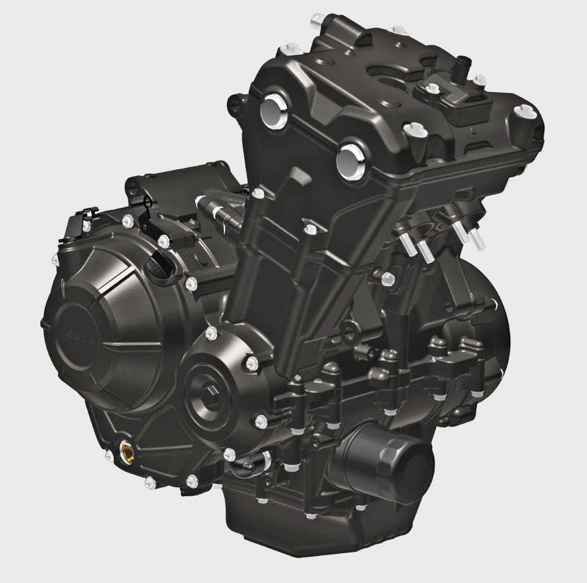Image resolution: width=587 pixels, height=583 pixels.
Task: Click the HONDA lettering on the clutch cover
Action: coord(76,335)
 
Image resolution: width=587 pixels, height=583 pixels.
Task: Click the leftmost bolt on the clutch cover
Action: coord(55,260)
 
